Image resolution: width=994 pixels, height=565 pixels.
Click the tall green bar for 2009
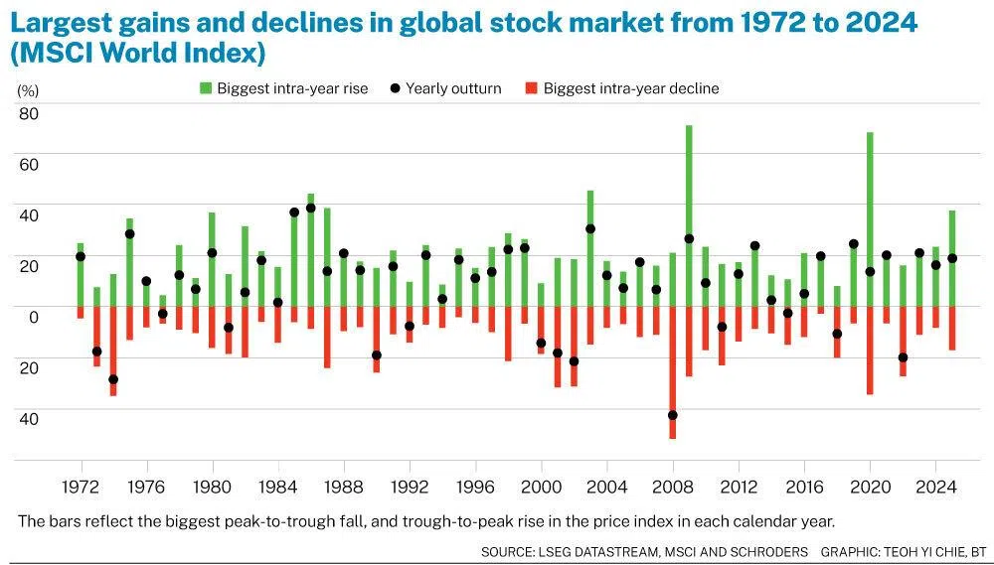pos(689,199)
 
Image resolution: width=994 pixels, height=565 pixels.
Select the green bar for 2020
pos(870,209)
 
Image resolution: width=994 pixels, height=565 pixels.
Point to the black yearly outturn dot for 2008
pos(673,415)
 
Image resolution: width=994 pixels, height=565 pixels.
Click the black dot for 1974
pos(113,379)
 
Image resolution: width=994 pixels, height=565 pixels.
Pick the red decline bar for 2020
pos(870,350)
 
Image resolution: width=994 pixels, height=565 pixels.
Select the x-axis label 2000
pos(541,489)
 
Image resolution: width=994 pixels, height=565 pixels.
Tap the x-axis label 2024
pos(934,489)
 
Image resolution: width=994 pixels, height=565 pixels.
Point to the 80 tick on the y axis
pos(28,113)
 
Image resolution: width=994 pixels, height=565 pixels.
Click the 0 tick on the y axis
pos(33,317)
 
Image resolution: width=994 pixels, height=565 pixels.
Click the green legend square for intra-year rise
pos(206,88)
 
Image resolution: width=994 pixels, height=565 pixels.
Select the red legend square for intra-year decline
pos(531,88)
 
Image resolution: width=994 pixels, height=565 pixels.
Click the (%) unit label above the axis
pos(28,89)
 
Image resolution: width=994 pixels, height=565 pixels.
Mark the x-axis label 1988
pos(344,489)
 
